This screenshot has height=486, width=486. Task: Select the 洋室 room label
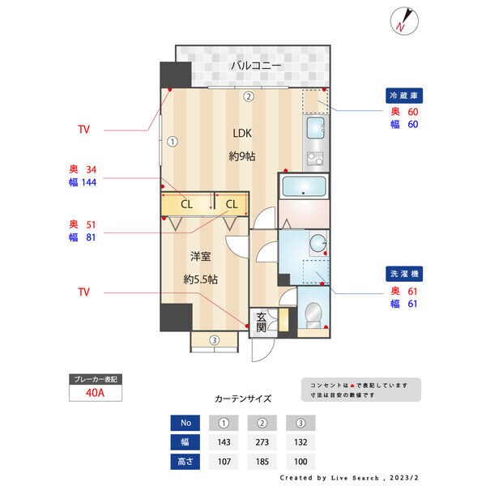point(200,257)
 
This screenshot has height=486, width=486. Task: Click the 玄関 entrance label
point(261,322)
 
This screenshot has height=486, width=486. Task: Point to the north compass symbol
point(404,20)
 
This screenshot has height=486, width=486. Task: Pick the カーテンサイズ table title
point(243,399)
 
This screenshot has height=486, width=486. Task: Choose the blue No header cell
point(186,423)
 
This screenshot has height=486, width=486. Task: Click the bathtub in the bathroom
point(303,189)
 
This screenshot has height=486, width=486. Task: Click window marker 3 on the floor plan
point(214,340)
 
